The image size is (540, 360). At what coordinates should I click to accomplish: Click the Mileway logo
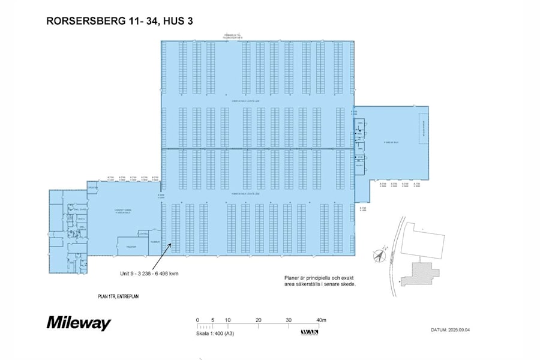[79, 323]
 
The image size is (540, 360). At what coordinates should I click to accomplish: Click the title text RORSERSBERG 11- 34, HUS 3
[119, 21]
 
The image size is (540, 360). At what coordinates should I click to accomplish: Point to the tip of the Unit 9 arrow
[172, 243]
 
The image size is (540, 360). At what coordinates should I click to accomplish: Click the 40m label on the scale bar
[320, 320]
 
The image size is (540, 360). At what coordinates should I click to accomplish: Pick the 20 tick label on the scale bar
[258, 320]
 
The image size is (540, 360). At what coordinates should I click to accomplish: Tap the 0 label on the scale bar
[197, 320]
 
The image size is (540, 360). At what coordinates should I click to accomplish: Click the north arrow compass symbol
[379, 255]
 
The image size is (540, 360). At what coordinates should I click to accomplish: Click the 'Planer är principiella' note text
[320, 281]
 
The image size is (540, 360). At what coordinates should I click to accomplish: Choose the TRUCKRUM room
[131, 247]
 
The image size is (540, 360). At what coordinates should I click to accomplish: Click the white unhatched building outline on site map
[423, 240]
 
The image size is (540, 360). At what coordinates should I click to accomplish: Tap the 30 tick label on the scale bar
[289, 320]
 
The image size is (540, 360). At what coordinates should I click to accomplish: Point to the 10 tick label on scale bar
[228, 320]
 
